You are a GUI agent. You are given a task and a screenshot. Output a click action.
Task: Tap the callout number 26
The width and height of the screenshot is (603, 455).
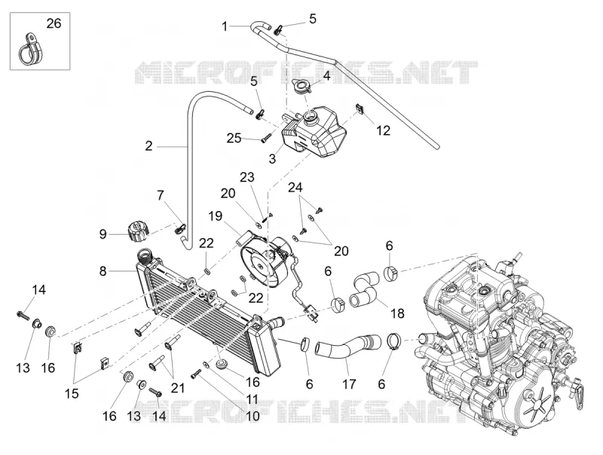point(54,23)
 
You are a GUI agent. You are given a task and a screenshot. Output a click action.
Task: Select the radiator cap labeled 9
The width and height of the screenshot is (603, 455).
point(137,230)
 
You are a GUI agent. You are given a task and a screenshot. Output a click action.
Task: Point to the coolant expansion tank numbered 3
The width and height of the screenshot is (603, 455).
point(314,130)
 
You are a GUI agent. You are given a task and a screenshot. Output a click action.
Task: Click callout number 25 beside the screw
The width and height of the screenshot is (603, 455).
point(234,138)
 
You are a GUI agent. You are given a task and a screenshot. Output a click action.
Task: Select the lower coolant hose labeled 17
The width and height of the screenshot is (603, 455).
point(349,345)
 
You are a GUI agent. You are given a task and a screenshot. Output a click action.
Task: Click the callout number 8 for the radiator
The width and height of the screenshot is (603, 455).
point(103,271)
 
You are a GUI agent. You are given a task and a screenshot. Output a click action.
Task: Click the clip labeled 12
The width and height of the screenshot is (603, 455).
point(360,108)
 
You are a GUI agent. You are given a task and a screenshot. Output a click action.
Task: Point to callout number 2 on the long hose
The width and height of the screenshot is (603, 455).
point(148,146)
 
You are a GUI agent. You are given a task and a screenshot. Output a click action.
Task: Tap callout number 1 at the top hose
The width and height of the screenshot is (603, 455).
point(225,26)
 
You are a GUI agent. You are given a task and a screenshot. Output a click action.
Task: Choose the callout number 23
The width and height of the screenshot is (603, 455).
point(247,177)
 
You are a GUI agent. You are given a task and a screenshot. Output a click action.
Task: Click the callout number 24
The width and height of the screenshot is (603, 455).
point(295,188)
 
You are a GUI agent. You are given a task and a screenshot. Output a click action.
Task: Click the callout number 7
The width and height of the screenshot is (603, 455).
point(161,196)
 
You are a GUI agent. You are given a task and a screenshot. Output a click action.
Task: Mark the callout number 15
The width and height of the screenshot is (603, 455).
point(72,393)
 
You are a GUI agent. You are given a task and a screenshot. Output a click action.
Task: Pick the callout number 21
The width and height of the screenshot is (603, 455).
point(177,388)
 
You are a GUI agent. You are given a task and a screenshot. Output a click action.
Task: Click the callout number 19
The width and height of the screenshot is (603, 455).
point(216,216)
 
